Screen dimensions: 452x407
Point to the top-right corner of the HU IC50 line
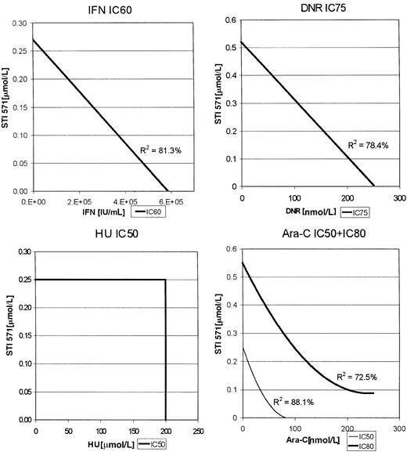point(165,279)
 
